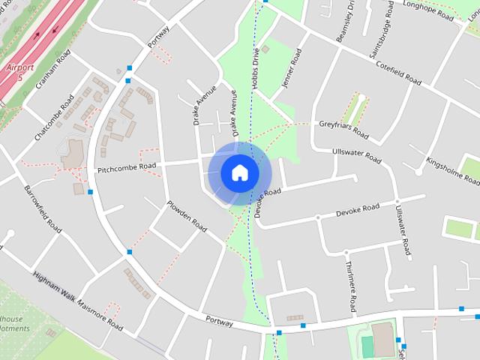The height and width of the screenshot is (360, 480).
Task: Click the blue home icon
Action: [239, 172]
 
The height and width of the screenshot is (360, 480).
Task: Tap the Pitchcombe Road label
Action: [127, 168]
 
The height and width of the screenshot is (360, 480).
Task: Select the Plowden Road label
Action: [187, 214]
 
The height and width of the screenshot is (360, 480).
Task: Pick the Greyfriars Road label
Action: [343, 129]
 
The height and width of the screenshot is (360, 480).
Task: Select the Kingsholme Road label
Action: [451, 170]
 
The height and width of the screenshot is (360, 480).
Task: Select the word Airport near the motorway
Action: [20, 67]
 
